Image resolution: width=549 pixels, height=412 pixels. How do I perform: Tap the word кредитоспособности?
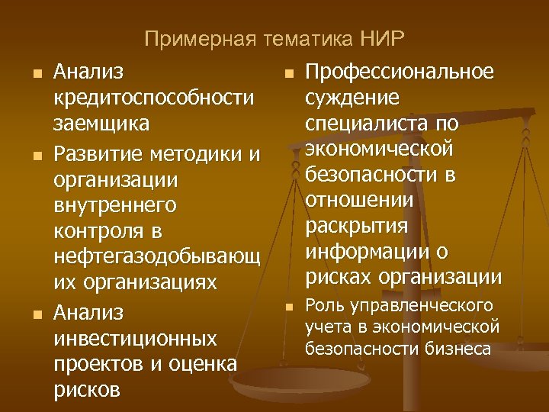pos(153,98)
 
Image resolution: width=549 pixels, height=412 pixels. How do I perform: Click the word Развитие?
pos(95,156)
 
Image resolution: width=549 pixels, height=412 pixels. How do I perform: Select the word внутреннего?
pos(114,207)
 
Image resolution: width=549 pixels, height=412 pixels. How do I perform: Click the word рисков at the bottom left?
pos(86,390)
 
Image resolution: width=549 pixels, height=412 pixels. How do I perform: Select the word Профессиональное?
pos(399,72)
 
